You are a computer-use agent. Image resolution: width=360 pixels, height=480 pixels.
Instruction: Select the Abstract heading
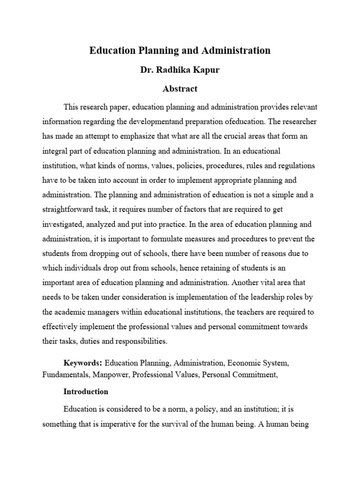pos(180,88)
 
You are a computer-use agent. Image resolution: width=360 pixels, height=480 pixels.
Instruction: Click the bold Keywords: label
pos(83,363)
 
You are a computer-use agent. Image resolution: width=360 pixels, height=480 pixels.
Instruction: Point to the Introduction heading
pos(86,391)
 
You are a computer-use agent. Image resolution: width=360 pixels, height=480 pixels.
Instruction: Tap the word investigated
pos(66,225)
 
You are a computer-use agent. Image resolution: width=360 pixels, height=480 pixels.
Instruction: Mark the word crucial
pos(228,136)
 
